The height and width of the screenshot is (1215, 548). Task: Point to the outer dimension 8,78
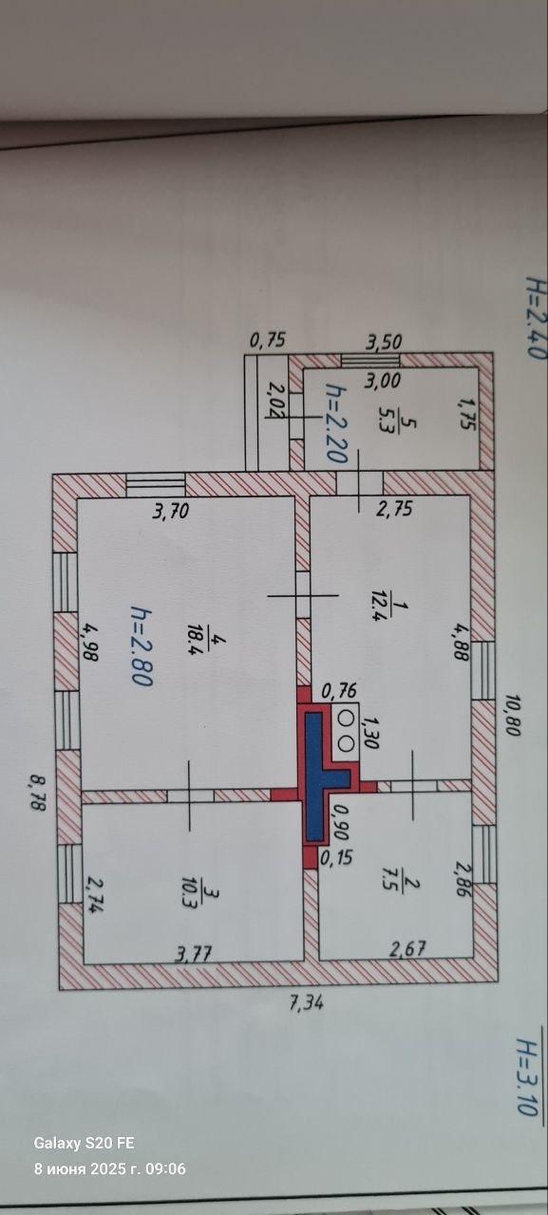tap(37, 793)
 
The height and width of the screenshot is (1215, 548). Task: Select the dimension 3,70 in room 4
tap(171, 511)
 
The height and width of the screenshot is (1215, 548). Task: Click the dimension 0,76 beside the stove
tap(339, 690)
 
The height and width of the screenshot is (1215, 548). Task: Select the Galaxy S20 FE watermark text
tap(84, 1143)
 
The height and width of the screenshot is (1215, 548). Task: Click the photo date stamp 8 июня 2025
tap(81, 1168)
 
